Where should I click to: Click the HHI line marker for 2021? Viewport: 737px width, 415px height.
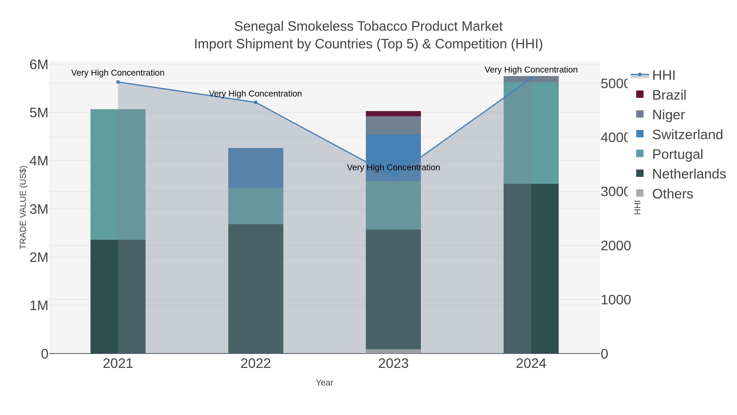coord(118,82)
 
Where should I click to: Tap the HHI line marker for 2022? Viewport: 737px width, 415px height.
coord(255,102)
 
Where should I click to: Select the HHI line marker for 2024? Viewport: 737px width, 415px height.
coord(531,78)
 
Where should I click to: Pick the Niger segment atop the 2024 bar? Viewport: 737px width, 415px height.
coord(531,79)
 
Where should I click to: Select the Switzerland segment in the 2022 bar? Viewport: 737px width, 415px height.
coord(255,168)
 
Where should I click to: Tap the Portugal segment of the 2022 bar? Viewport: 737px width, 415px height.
coord(255,206)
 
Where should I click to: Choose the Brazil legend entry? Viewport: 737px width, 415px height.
coord(669,95)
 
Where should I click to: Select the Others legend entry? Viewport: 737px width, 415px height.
coord(672,194)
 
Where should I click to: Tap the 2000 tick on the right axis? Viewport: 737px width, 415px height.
coord(615,246)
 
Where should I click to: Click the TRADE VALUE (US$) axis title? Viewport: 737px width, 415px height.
coord(23,207)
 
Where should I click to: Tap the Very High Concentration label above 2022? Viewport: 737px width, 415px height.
coord(255,94)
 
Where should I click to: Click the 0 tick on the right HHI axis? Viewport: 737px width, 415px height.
coord(604,354)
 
